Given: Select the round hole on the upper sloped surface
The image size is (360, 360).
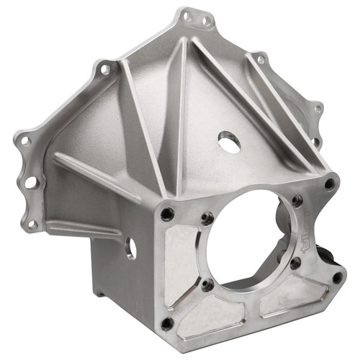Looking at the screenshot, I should (229, 142).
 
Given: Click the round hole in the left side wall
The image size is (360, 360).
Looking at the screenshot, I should (131, 249).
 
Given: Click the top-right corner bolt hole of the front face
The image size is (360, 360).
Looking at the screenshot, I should (329, 184).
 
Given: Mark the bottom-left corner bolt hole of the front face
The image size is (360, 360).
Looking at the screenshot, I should (167, 323).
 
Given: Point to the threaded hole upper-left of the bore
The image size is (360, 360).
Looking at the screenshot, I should (207, 214).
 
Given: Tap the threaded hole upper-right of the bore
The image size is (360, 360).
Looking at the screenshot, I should (297, 201).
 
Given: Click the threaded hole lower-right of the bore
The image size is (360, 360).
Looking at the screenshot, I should (295, 264).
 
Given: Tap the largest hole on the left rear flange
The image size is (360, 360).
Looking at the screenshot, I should (31, 183).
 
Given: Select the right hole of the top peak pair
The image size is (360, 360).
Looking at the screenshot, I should (205, 21).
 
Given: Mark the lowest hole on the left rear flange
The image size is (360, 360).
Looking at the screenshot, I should (32, 224).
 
